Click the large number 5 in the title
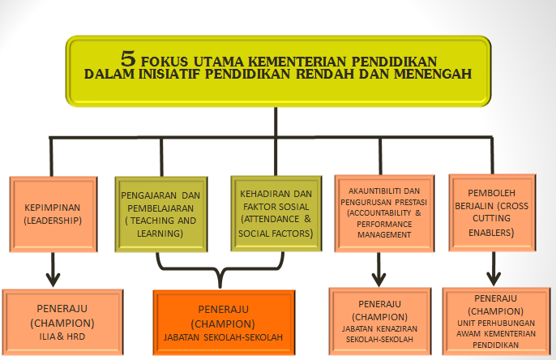pos(128,58)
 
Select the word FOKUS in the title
pos(165,62)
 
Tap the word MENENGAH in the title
pos(433,74)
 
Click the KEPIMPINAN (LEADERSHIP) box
pos(53,214)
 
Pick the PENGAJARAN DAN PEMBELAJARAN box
pos(161,214)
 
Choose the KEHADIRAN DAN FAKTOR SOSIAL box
pos(276,213)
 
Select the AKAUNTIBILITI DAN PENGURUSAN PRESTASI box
pos(384,213)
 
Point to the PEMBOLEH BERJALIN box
pos(492,212)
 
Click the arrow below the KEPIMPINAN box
pos(53,269)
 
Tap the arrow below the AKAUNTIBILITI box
pos(379,269)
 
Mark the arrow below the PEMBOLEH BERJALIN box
pos(494,268)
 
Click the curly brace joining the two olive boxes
pos(220,269)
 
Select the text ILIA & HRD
pos(62,336)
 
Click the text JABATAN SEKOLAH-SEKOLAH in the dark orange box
pos(224,337)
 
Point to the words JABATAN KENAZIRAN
pos(379,329)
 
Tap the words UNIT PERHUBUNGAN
pos(496,324)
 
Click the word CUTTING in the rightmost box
pos(491,218)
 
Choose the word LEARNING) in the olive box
pos(160,234)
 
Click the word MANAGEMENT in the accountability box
pos(384,235)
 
